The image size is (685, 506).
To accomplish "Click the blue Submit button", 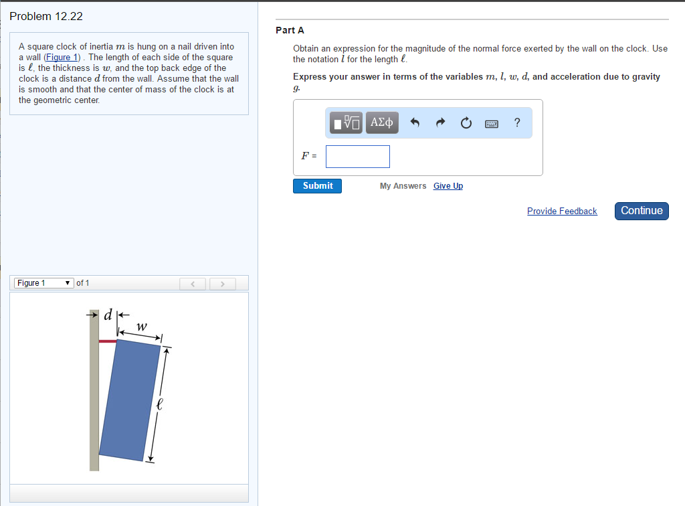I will [317, 186].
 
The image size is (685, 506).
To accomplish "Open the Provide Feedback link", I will [562, 212].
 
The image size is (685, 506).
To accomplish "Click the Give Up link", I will [448, 186].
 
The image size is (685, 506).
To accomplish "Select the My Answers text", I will [403, 186].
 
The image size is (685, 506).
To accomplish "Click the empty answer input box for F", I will [358, 157].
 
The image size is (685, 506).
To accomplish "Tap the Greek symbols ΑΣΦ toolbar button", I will [381, 122].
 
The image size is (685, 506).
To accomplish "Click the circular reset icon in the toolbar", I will [466, 122].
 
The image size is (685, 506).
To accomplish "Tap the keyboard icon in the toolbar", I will [492, 123].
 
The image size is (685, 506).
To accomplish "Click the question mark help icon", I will [517, 122].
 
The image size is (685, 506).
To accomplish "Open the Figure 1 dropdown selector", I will [43, 283].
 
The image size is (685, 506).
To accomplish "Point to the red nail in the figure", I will [107, 341].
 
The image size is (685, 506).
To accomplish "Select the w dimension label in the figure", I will [140, 327].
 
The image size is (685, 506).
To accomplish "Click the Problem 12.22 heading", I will [46, 16].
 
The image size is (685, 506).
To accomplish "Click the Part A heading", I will [290, 30].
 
